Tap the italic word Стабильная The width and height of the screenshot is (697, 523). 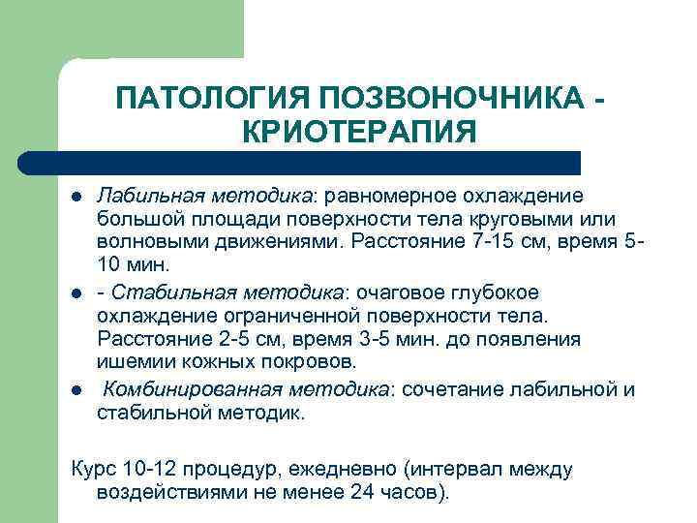coord(160,292)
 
